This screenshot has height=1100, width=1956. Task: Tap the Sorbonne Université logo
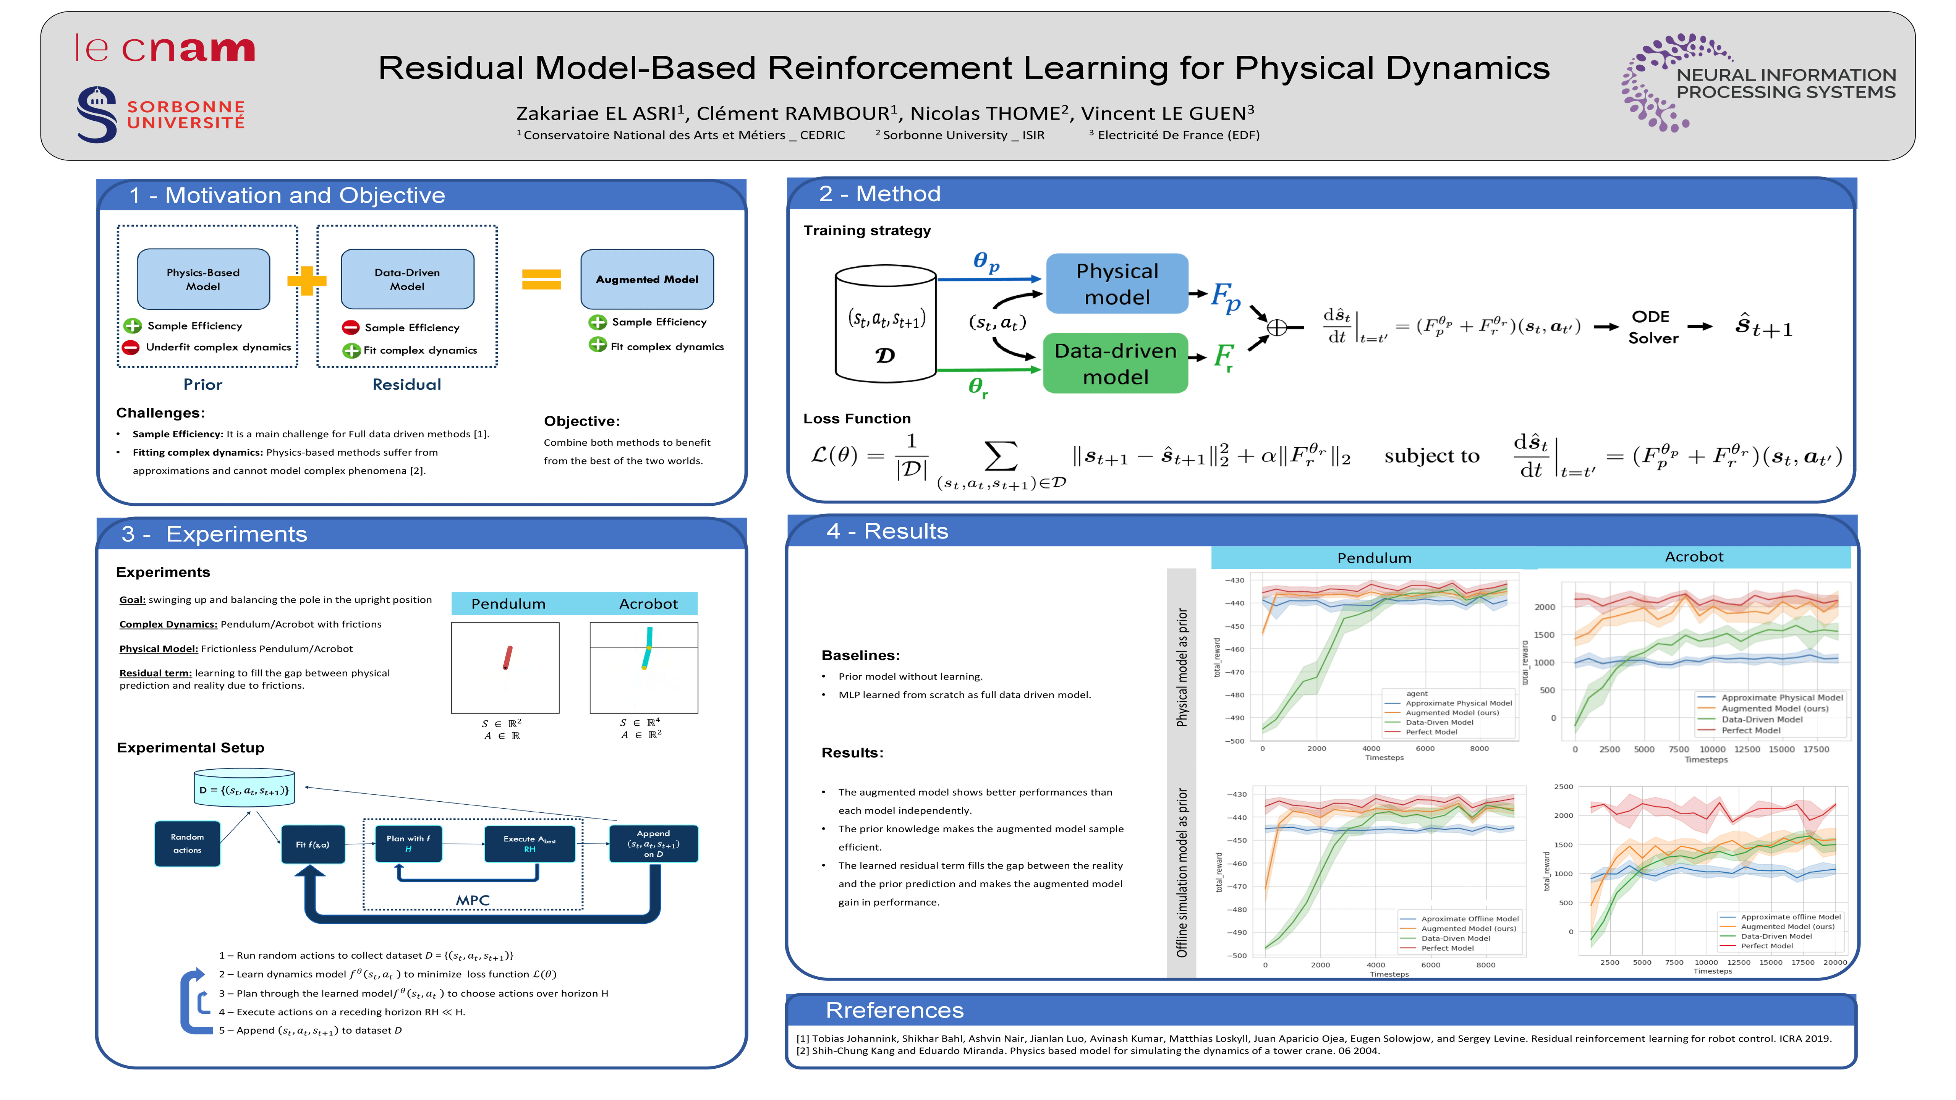(x=161, y=114)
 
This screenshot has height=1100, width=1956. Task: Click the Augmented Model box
(x=647, y=279)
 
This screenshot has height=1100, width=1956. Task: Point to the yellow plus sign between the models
(x=307, y=281)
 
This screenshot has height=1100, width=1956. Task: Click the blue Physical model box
(x=1116, y=284)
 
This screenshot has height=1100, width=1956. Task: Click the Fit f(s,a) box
(x=313, y=844)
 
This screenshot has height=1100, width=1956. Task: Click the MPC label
(x=472, y=900)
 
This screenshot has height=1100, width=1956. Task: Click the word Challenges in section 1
(x=160, y=413)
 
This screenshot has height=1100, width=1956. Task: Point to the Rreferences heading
(x=894, y=1010)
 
